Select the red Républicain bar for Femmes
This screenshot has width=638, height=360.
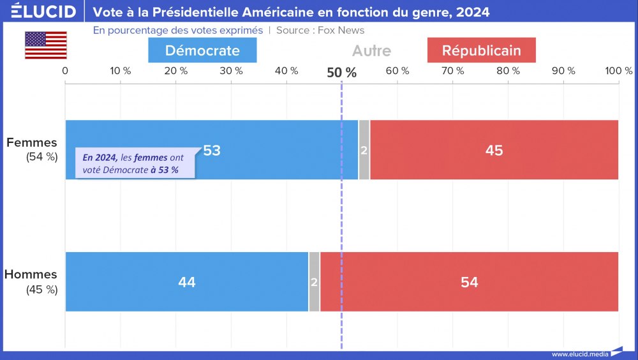[x=494, y=150]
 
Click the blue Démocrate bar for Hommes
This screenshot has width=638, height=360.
[x=187, y=281]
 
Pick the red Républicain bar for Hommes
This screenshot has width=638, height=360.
[x=469, y=281]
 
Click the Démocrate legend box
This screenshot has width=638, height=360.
[x=202, y=50]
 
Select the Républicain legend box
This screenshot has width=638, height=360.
[x=481, y=50]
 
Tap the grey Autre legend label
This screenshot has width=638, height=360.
[x=371, y=50]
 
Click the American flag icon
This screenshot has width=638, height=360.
[x=46, y=45]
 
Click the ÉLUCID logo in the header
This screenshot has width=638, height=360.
[x=44, y=11]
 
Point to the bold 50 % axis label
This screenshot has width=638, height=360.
[x=341, y=72]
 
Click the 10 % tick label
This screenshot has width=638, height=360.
[x=121, y=71]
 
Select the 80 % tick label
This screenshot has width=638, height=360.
[x=508, y=71]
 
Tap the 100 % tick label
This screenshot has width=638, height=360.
[x=619, y=71]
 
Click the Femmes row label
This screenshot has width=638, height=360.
[x=32, y=143]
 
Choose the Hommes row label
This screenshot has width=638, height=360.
[x=31, y=274]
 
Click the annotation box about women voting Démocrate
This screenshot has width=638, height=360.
[x=135, y=163]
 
